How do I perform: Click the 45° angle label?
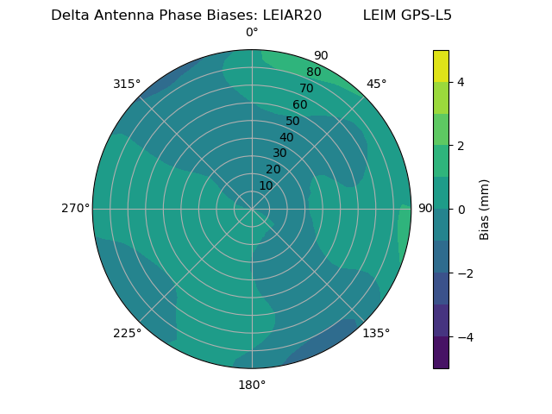point(377,84)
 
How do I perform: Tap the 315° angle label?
point(127,84)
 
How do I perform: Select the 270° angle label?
point(75,208)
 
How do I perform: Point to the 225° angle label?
point(127,333)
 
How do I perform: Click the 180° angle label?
point(252,385)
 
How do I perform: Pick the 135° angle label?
point(376,333)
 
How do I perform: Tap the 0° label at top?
point(252,33)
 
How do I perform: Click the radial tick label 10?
point(266,185)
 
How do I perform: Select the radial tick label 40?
point(286,137)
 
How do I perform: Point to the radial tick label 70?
point(306,88)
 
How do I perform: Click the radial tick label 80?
point(313,72)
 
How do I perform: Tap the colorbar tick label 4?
point(461,82)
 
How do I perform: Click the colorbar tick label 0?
point(461,210)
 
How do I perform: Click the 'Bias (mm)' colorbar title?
point(485,209)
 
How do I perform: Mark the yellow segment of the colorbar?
point(441,66)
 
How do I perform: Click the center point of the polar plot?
point(252,209)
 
